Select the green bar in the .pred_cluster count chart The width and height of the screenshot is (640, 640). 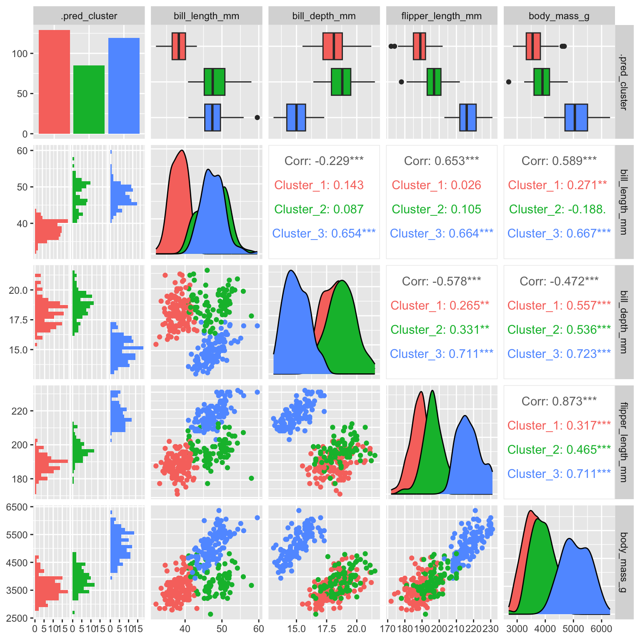tap(89, 100)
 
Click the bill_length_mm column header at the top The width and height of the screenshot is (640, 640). tap(206, 16)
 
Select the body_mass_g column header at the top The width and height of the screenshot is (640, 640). tap(559, 16)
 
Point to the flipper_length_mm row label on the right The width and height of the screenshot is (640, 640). tap(623, 442)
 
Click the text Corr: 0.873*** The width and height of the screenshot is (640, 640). tap(559, 401)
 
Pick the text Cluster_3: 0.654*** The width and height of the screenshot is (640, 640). tap(324, 233)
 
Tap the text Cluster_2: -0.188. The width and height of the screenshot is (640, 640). tap(557, 209)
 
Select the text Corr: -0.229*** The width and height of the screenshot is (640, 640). tap(324, 161)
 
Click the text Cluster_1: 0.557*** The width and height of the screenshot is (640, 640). tap(559, 305)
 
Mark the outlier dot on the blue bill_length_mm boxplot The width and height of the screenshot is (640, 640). tap(257, 117)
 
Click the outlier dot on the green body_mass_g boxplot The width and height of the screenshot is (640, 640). tap(509, 82)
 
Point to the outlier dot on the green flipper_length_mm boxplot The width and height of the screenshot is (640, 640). tap(401, 82)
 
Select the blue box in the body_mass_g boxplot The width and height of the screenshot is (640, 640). tap(576, 117)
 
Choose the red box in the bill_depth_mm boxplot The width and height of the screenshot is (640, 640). tap(332, 46)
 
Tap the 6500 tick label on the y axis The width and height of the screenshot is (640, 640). tap(17, 507)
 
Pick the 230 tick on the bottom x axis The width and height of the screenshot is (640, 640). tap(490, 628)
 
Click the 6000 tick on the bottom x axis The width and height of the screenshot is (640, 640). tap(601, 628)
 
